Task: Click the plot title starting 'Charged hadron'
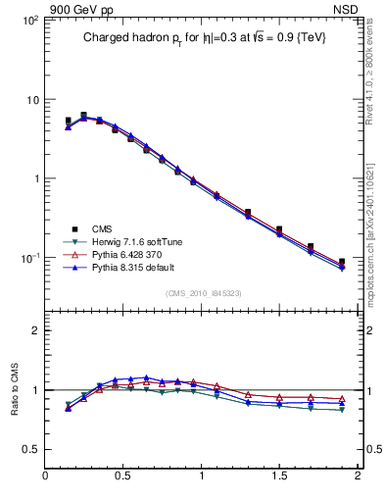203,37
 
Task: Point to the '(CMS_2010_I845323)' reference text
203,292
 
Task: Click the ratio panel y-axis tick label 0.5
30,449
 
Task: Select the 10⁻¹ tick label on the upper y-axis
28,258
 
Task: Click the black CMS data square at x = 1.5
279,229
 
